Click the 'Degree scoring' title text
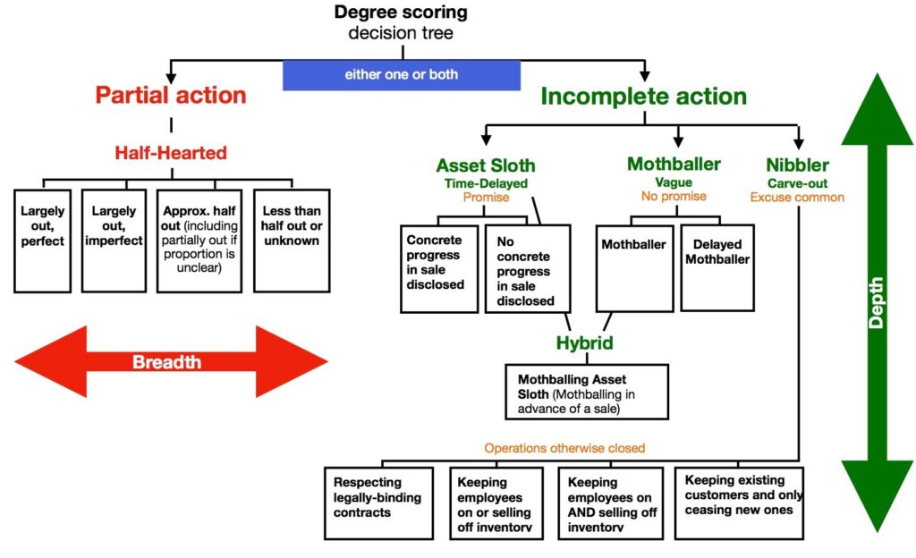pyautogui.click(x=401, y=13)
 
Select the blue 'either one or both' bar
pyautogui.click(x=401, y=74)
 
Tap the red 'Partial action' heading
pyautogui.click(x=171, y=95)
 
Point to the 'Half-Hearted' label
pyautogui.click(x=171, y=153)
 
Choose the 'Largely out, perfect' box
pyautogui.click(x=43, y=240)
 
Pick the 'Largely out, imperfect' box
pyautogui.click(x=113, y=240)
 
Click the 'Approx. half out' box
pyautogui.click(x=199, y=240)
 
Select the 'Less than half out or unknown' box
pyautogui.click(x=292, y=240)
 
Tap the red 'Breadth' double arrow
pyautogui.click(x=171, y=361)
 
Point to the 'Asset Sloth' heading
pyautogui.click(x=486, y=165)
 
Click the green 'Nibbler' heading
pyautogui.click(x=797, y=165)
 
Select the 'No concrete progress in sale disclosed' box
pyautogui.click(x=528, y=267)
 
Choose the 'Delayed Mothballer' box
pyautogui.click(x=717, y=266)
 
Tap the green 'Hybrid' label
pyautogui.click(x=586, y=343)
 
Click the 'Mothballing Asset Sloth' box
pyautogui.click(x=586, y=391)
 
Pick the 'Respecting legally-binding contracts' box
pyautogui.click(x=373, y=503)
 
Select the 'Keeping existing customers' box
pyautogui.click(x=739, y=503)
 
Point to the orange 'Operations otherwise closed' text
pyautogui.click(x=564, y=448)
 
